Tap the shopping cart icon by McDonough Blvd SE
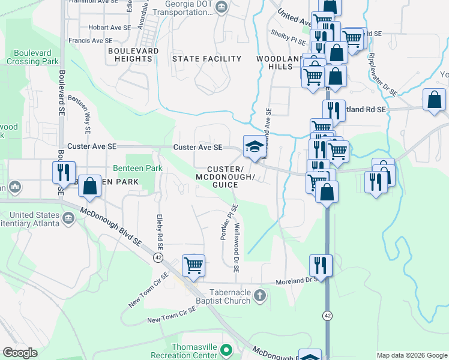point(193,265)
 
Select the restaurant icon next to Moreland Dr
point(321,265)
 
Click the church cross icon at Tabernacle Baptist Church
point(259,295)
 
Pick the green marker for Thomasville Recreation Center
point(226,349)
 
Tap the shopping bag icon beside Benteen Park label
point(90,186)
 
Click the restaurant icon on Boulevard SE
point(63,172)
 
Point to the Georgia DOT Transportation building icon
point(221,7)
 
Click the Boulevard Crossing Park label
point(33,57)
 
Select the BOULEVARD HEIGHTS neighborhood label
point(133,55)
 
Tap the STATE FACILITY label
point(206,59)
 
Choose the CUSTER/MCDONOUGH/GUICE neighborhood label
point(226,177)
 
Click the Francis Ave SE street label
point(90,41)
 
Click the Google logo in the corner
point(20,353)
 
